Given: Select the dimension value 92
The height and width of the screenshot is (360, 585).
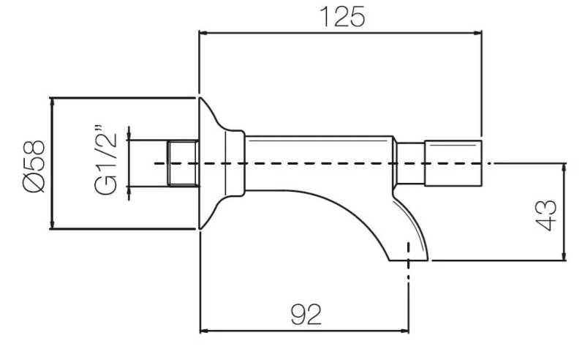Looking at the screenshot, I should (305, 315).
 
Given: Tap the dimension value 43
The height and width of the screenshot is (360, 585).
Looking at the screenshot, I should (547, 212).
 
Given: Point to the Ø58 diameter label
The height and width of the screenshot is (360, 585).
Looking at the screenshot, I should (34, 164).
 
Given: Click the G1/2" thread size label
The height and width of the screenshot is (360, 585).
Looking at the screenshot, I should (107, 163).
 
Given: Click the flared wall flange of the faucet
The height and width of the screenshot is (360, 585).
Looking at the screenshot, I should (211, 163).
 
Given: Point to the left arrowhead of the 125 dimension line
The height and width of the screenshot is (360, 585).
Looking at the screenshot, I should (204, 32).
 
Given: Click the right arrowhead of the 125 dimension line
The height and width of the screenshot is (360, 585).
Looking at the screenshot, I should (477, 32).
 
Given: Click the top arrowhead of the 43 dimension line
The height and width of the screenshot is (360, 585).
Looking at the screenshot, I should (563, 168).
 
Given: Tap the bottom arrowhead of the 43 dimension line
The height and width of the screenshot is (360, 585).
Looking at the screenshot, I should (563, 256).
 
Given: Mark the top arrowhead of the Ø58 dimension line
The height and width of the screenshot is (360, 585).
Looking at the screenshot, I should (52, 102).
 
